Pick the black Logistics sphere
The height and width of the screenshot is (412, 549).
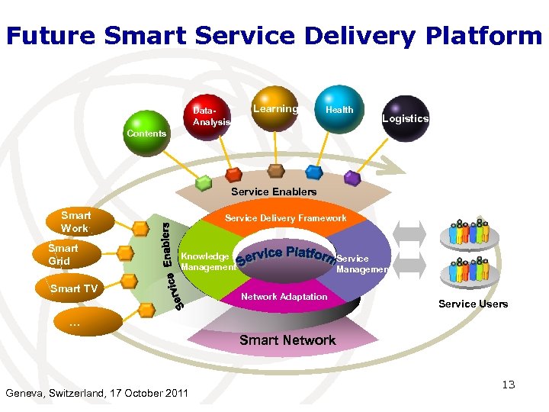pos(405,118)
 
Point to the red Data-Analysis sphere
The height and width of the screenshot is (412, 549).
pos(210,116)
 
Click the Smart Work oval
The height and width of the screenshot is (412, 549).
pos(75,222)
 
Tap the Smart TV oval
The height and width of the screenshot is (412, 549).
pos(73,288)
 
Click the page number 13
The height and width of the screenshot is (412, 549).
pos(508,385)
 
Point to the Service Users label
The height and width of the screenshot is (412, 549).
pos(473,304)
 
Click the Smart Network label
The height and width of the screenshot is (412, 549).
pos(287,340)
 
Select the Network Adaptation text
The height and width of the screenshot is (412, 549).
pos(284,297)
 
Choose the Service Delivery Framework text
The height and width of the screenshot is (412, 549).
pos(285,218)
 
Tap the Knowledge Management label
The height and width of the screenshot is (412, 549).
pos(205,262)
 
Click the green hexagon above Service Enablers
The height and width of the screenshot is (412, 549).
pos(204,183)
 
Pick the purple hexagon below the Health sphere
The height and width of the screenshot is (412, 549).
pos(352,178)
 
